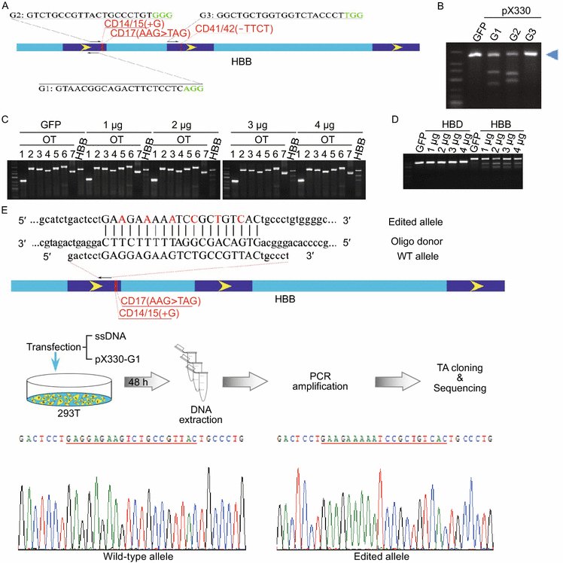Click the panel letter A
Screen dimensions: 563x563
point(6,6)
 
